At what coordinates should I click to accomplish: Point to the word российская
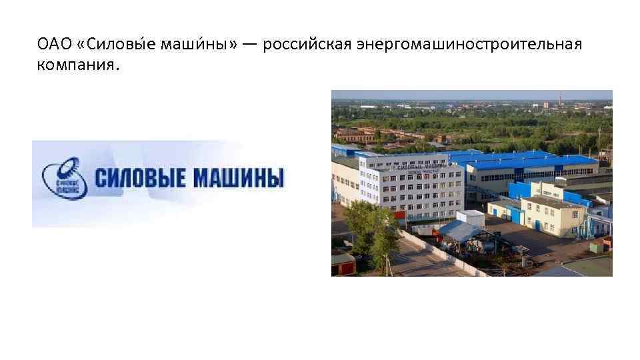[x=307, y=45]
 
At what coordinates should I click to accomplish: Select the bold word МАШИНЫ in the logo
[x=238, y=179]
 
